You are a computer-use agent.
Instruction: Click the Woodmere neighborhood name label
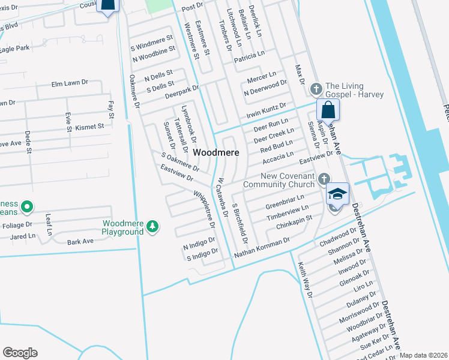215,153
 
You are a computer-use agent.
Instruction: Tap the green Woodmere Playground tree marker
154,226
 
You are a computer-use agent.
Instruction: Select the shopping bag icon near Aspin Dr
328,110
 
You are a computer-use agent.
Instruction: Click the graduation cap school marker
337,194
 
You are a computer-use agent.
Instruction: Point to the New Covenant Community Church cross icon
324,178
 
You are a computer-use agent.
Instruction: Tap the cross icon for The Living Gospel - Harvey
316,89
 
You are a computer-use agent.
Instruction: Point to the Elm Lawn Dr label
70,84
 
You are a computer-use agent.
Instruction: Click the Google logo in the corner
20,353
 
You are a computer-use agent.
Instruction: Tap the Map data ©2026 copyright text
424,355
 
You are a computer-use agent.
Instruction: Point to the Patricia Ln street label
249,55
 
